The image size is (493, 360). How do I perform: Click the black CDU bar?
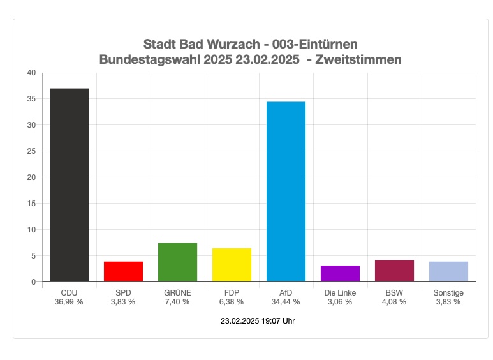69,185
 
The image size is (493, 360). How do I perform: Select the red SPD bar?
123,271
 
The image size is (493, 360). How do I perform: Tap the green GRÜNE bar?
177,262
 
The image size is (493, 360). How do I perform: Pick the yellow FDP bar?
232,265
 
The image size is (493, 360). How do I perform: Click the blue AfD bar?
286,191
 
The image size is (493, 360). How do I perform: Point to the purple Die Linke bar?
340,273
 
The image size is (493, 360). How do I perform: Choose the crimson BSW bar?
394,271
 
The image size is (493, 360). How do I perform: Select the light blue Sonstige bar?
448,271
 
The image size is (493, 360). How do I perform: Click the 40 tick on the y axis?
31,73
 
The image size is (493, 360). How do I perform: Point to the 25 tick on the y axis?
31,151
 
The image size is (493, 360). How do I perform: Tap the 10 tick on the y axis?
31,229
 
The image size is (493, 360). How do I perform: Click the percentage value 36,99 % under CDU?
69,302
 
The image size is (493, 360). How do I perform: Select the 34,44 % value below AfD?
286,302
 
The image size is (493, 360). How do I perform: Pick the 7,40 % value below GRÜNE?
177,302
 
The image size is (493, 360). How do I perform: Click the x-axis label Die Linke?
340,293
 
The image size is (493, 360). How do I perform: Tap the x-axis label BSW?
394,293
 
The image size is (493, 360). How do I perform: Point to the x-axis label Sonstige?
448,293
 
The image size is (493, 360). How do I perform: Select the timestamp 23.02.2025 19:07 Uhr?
257,321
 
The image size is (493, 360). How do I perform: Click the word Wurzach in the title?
226,45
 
